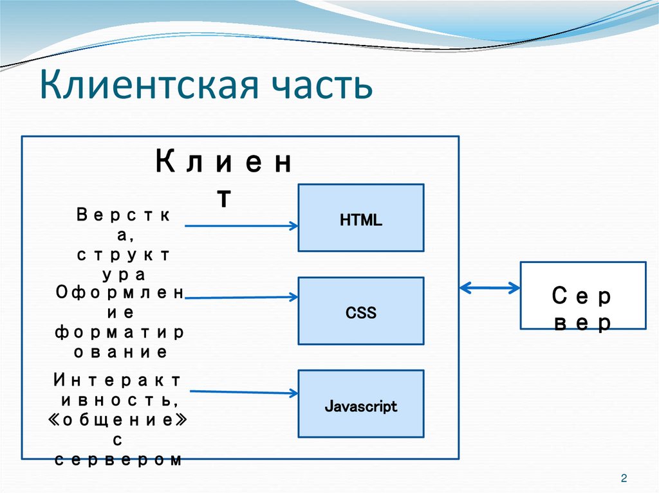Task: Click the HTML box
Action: click(x=360, y=218)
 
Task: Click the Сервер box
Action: click(x=582, y=295)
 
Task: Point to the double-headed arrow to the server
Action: click(x=490, y=288)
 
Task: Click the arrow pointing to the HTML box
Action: click(x=241, y=226)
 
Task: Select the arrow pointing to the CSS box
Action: click(x=241, y=297)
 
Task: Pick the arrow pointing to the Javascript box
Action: click(x=243, y=391)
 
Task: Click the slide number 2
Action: click(x=623, y=478)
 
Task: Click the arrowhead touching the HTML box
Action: click(x=293, y=226)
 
